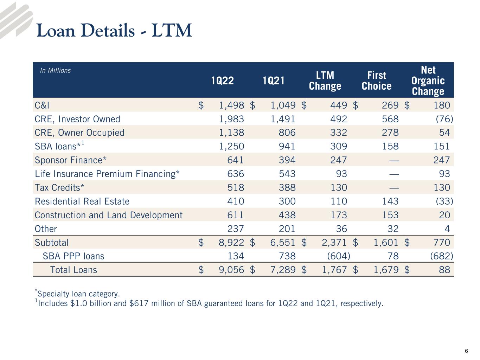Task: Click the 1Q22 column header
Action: point(222,81)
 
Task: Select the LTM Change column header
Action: point(325,81)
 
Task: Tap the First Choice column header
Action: point(376,81)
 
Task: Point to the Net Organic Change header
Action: point(428,81)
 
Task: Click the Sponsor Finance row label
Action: point(70,160)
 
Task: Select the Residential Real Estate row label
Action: point(82,201)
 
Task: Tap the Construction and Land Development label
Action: point(108,215)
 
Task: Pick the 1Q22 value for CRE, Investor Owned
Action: point(231,119)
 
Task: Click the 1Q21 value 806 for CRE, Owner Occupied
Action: point(287,133)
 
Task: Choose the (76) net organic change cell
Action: point(444,119)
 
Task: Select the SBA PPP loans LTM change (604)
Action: point(339,256)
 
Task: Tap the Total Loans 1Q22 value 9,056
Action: point(231,270)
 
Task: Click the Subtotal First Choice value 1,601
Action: point(386,243)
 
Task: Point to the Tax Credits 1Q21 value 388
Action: point(287,187)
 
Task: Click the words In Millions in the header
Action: point(55,70)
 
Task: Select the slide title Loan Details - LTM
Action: point(114,30)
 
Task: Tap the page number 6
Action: point(466,351)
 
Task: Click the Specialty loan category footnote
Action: point(77,294)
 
